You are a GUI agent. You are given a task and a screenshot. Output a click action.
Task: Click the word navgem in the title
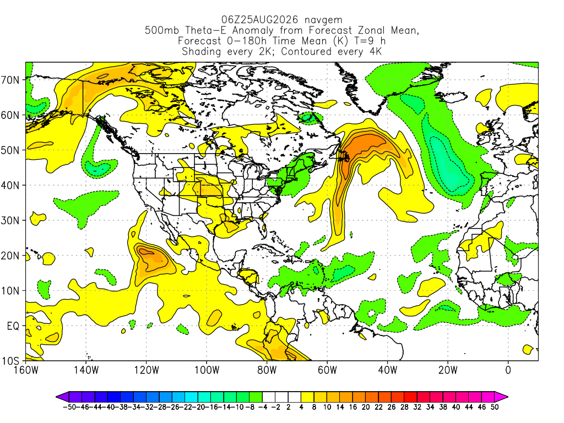(323, 20)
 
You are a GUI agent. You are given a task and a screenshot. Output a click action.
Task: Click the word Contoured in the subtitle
(306, 51)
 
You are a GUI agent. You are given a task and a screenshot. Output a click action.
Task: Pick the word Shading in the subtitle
(201, 52)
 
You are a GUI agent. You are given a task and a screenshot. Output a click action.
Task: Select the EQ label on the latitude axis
(13, 326)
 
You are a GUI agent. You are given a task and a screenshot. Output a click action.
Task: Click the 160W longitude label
(26, 370)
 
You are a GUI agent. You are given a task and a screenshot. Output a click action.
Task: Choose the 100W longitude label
(207, 370)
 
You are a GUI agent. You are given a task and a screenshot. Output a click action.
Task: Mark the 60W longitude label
(327, 370)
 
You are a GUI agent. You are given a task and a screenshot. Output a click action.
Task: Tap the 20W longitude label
(448, 370)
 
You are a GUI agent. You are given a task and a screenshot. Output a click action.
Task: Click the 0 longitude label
(508, 370)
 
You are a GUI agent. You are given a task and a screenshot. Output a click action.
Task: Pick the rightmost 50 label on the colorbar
(495, 407)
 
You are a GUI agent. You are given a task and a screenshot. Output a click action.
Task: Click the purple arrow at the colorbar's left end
(63, 397)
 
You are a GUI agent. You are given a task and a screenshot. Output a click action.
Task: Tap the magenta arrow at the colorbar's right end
(501, 397)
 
